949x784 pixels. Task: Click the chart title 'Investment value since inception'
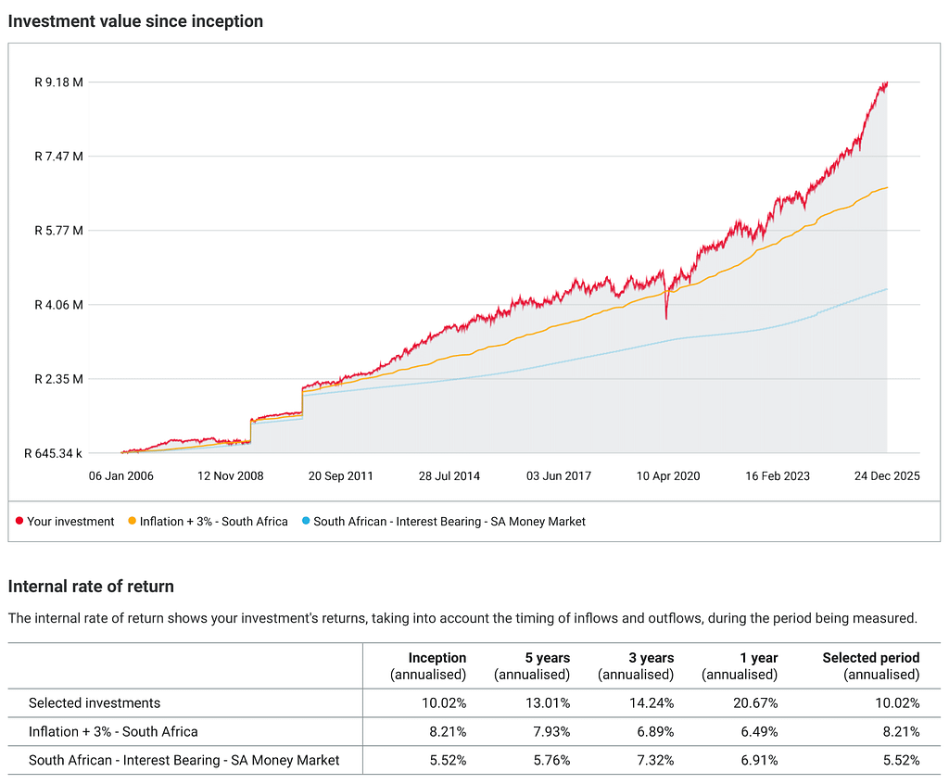pos(135,21)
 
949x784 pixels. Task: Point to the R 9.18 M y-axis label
pos(58,82)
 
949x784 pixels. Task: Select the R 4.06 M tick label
pos(58,305)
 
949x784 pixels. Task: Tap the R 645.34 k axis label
pos(53,453)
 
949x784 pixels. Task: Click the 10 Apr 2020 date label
pos(667,475)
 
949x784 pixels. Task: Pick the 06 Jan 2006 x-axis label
pos(121,475)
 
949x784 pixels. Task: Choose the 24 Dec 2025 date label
pos(887,475)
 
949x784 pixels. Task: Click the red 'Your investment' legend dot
pos(19,521)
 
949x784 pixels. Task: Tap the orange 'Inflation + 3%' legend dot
pos(132,521)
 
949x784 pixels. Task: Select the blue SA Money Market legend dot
pos(306,521)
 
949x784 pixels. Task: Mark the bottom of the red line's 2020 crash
pos(666,319)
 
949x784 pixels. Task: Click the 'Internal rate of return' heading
pos(91,586)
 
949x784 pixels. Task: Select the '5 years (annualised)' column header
pos(532,666)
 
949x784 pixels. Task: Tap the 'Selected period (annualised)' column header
pos(871,666)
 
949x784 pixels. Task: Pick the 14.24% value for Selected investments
pos(652,702)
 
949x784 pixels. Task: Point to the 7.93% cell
pos(551,731)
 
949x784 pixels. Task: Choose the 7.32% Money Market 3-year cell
pos(655,760)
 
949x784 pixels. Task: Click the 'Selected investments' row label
pos(95,702)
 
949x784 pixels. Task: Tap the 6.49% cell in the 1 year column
pos(759,731)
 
